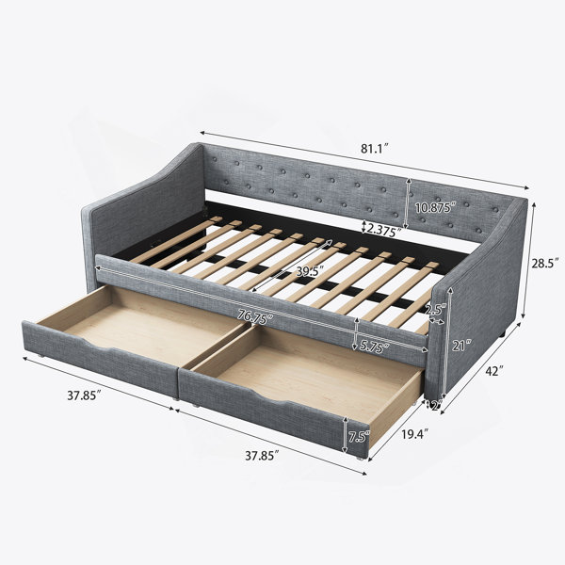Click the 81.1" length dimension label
(375, 149)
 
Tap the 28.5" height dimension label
(545, 263)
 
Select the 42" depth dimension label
(492, 371)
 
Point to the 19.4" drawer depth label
(415, 434)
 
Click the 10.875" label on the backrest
(435, 208)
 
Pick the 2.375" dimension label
(383, 231)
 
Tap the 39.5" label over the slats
(310, 271)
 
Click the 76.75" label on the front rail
(255, 317)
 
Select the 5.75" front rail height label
(375, 346)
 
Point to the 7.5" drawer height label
(359, 437)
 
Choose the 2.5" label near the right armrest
(436, 309)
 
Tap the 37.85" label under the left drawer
(84, 395)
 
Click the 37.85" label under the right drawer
(262, 456)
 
